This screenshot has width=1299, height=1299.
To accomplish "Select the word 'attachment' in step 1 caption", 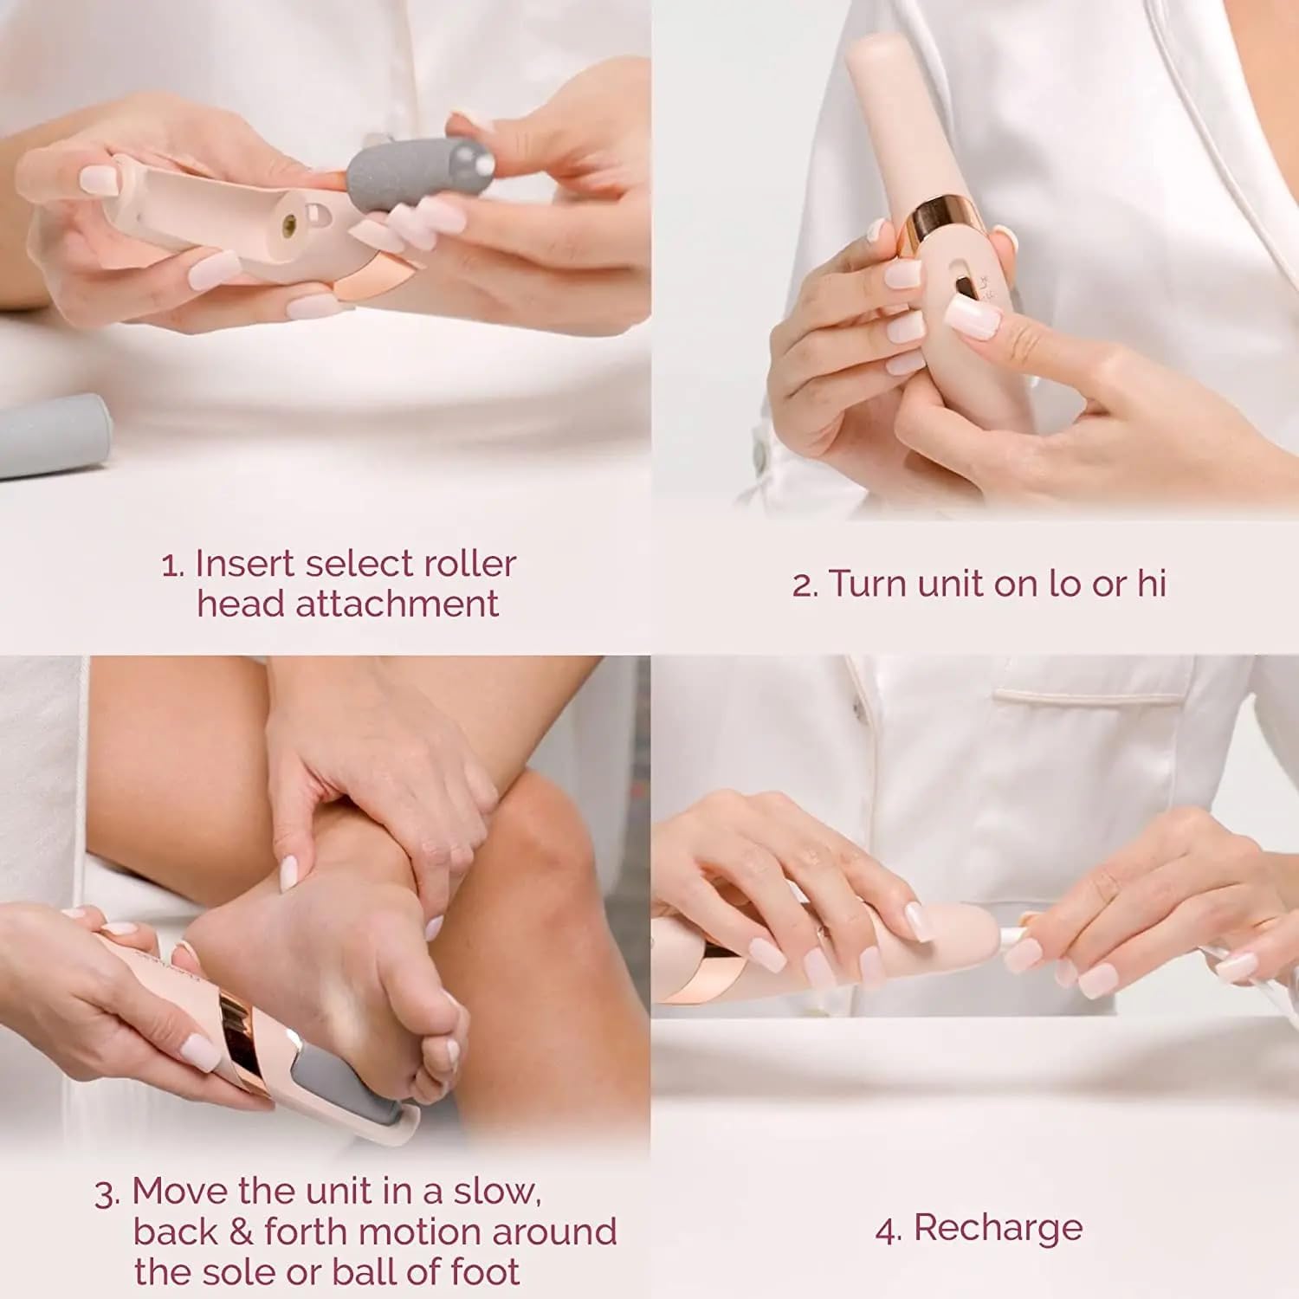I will coord(397,604).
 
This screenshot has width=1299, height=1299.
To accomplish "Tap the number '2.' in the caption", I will coord(805,585).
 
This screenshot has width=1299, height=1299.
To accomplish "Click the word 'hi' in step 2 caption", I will coord(1151,584).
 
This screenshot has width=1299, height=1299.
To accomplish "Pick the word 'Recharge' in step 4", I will coord(998,1228).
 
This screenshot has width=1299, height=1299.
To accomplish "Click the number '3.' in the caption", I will coord(107,1193).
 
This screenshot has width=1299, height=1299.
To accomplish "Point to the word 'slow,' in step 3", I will coord(497,1192).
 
